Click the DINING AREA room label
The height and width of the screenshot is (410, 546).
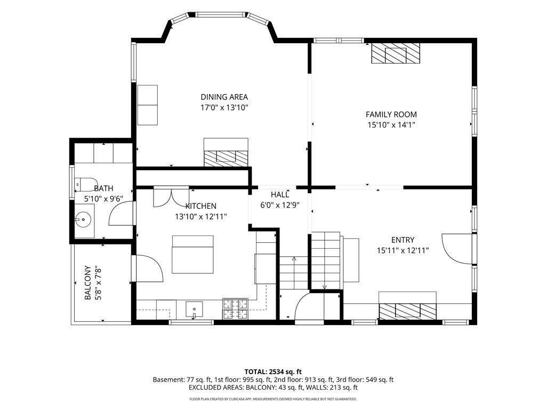(x=224, y=97)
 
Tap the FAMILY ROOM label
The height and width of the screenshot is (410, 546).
(x=391, y=114)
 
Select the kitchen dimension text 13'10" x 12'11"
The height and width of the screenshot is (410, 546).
(x=201, y=217)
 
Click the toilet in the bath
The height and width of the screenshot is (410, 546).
(x=86, y=184)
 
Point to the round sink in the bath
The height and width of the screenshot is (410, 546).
(x=83, y=219)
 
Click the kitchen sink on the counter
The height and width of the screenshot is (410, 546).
(x=194, y=310)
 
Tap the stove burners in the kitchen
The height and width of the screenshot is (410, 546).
(x=235, y=309)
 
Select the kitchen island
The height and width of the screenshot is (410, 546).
(x=192, y=255)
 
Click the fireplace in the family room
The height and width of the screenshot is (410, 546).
(x=396, y=53)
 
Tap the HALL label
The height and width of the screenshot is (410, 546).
(x=280, y=194)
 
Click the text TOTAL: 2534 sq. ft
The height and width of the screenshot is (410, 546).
(x=273, y=372)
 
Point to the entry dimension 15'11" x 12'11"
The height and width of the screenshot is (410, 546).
(x=403, y=250)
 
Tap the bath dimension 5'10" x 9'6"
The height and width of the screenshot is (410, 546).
(x=104, y=199)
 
